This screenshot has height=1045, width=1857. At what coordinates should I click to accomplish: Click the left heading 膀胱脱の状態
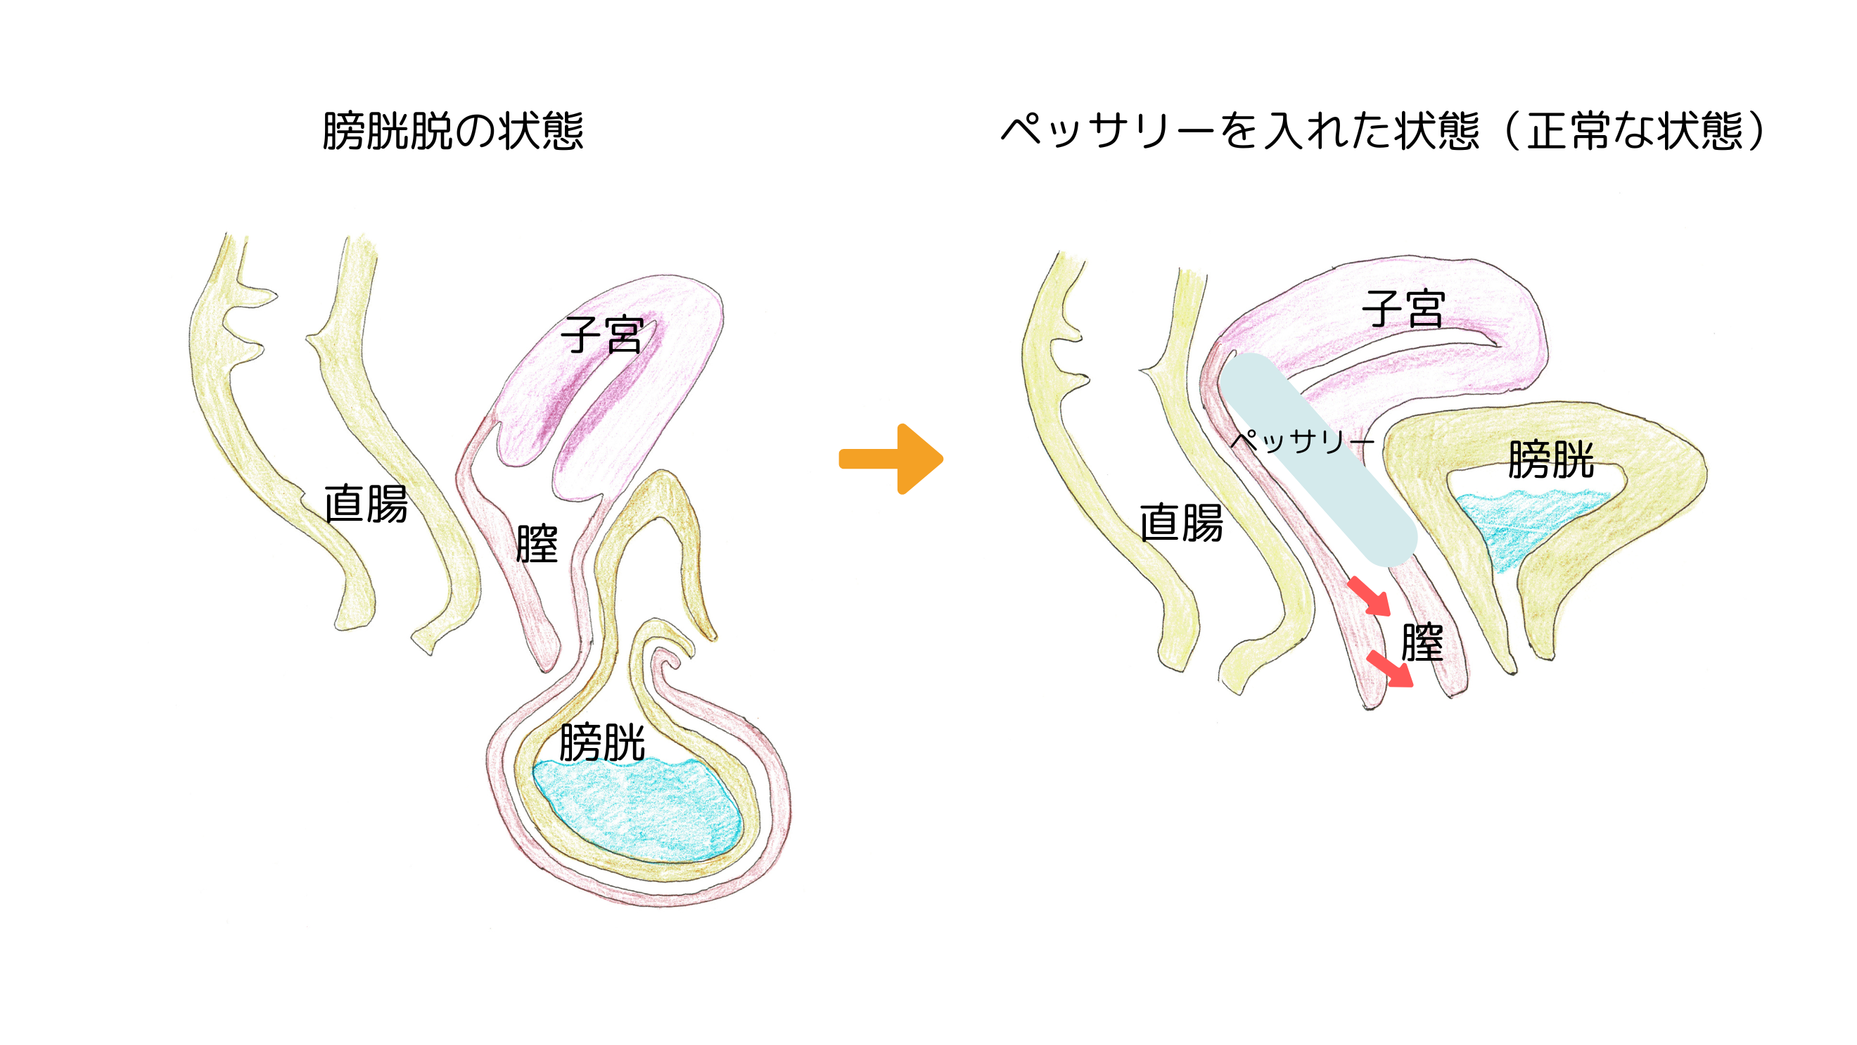(453, 132)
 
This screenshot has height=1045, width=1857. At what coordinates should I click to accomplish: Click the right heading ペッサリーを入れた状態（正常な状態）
(1383, 132)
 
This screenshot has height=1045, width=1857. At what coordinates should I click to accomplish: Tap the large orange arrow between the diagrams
(892, 459)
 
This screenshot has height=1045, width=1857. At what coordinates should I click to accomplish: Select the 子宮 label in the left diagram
(602, 335)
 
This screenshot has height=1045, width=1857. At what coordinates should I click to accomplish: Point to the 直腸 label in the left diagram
(366, 503)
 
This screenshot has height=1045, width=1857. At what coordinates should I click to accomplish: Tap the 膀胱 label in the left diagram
(602, 742)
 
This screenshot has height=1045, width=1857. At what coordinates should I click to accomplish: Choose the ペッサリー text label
(1301, 441)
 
